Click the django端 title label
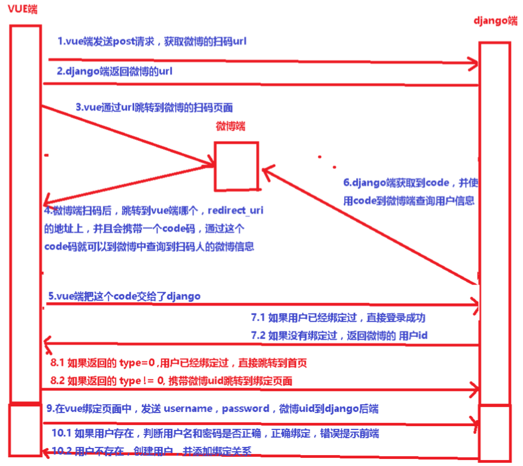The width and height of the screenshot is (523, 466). point(495,21)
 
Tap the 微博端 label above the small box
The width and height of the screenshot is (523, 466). point(231,126)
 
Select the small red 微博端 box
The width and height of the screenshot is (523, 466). point(236,166)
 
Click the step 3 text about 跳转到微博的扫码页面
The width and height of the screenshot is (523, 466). point(158,108)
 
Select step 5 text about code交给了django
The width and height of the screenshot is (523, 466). point(124,296)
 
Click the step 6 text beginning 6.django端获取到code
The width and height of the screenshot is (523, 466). point(407,183)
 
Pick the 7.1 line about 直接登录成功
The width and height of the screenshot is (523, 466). point(338,318)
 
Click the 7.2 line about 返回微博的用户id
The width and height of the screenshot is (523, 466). point(347,335)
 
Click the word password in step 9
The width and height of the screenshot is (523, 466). point(245,409)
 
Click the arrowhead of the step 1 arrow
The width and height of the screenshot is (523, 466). point(472,63)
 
